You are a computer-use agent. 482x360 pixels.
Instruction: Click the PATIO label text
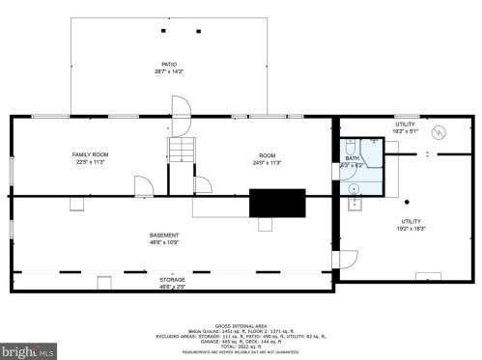(169, 66)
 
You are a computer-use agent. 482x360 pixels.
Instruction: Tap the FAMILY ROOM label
(90, 155)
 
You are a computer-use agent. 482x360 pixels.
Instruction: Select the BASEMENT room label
(163, 235)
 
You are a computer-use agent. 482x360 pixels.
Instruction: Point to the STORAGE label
(173, 279)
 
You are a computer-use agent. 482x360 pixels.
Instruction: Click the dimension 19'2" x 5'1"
(405, 130)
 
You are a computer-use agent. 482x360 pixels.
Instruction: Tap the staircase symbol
(182, 150)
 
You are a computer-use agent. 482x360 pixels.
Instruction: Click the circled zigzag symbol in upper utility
(439, 133)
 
